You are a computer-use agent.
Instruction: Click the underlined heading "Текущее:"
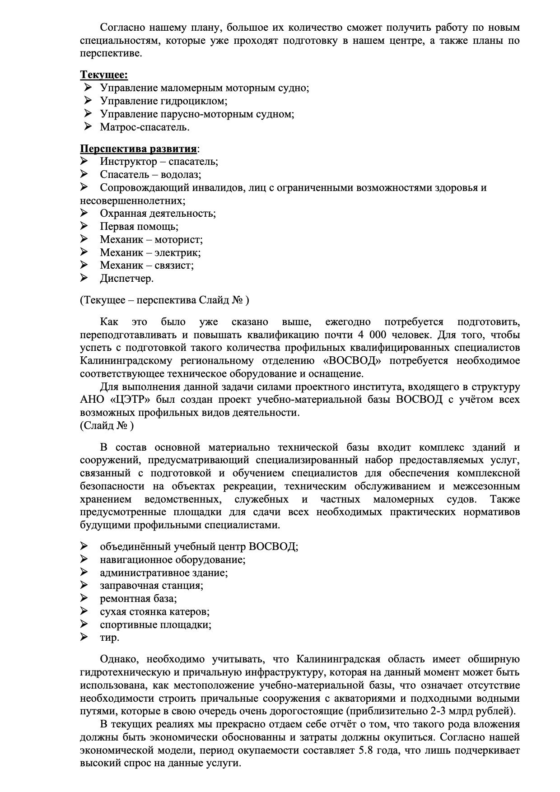[104, 75]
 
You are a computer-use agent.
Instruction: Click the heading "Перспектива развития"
[139, 149]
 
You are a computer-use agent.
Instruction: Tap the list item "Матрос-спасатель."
[145, 127]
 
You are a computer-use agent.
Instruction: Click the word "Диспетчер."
[127, 278]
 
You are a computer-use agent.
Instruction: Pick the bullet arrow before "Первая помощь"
[84, 226]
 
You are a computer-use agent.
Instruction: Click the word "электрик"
[180, 252]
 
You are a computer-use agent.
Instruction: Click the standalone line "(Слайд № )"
[107, 425]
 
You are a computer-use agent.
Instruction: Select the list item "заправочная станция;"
[152, 586]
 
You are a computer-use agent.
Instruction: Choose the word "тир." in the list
[110, 638]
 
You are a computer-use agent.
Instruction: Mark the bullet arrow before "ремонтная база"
[84, 598]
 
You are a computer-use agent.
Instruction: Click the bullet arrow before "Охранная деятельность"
[84, 213]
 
